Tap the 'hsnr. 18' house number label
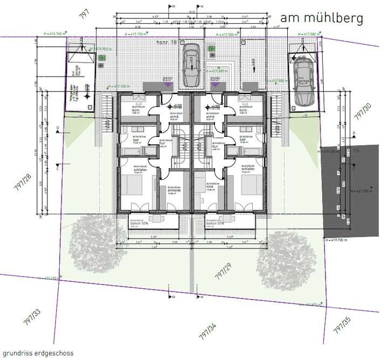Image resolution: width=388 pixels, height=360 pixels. click(163, 41)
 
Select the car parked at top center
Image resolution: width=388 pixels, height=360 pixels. click(191, 66)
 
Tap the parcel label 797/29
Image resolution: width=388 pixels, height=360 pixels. click(220, 274)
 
